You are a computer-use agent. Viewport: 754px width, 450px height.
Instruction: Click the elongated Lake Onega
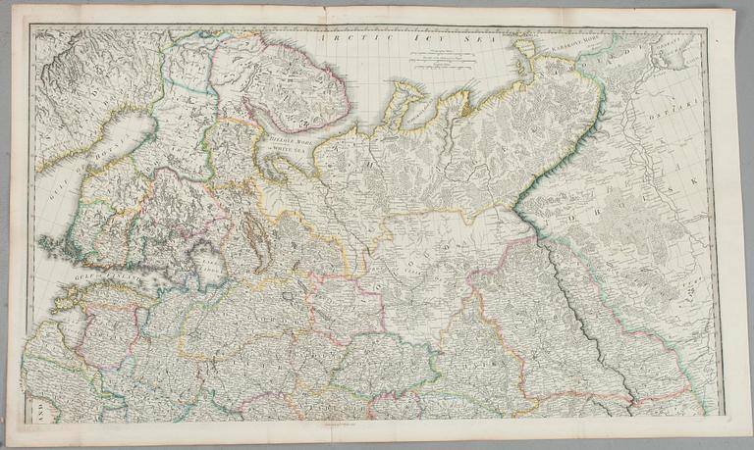coord(253,231)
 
